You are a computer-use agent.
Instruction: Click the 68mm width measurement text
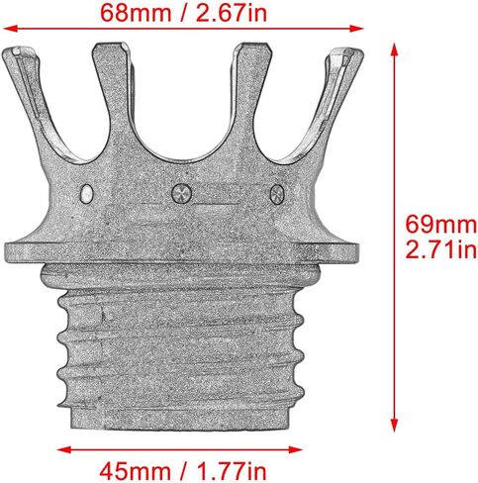pyautogui.click(x=136, y=13)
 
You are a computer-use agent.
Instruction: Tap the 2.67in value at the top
pyautogui.click(x=232, y=13)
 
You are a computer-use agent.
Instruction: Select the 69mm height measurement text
pyautogui.click(x=441, y=225)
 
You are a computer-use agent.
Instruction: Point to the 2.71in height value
pyautogui.click(x=441, y=249)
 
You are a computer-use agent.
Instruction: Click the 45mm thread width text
pyautogui.click(x=135, y=471)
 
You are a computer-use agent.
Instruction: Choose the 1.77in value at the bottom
pyautogui.click(x=231, y=471)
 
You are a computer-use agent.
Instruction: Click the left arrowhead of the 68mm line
pyautogui.click(x=10, y=29)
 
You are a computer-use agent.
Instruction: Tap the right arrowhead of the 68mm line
pyautogui.click(x=356, y=29)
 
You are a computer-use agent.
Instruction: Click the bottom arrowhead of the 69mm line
pyautogui.click(x=394, y=425)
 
